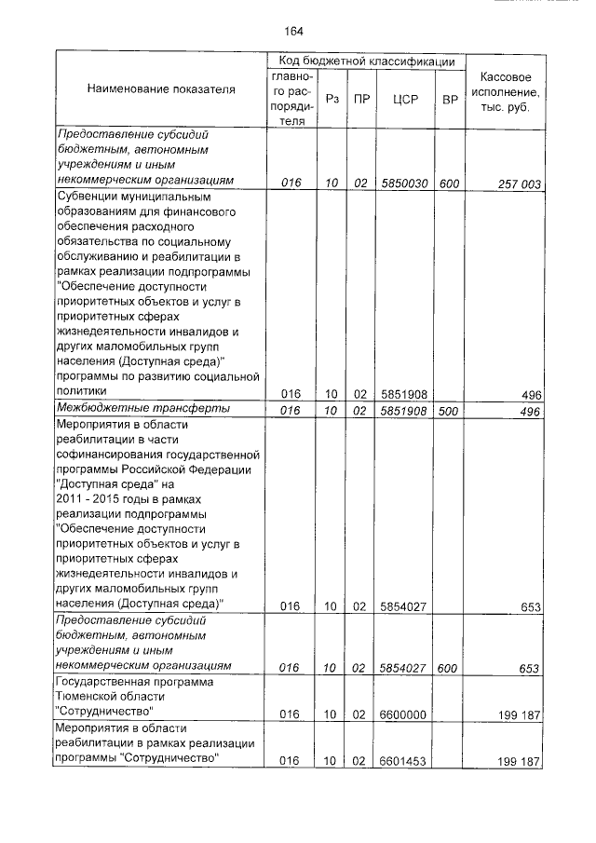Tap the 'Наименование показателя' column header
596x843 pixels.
(161, 89)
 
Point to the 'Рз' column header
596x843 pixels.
(332, 98)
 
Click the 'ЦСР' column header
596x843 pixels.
(403, 98)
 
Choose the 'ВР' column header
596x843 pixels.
(450, 98)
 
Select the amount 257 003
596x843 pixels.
(518, 184)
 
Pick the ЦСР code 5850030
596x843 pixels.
(403, 184)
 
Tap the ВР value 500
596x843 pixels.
(450, 410)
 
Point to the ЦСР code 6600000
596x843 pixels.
(403, 714)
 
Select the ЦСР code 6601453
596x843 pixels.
(403, 761)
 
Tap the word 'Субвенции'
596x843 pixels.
(89, 197)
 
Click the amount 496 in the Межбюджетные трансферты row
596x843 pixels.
(531, 410)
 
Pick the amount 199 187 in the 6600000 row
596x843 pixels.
(520, 714)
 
